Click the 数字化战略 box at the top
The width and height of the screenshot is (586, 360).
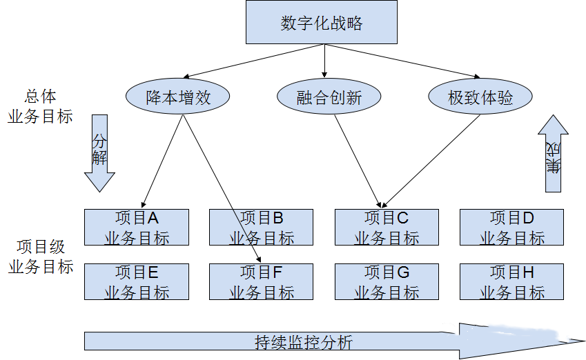(x=322, y=22)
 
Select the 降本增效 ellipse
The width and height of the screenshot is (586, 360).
(x=178, y=97)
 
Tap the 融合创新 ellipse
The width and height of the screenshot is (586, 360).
(x=329, y=97)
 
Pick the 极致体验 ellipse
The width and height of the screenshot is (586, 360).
(x=480, y=97)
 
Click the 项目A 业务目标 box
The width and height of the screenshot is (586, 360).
(x=137, y=228)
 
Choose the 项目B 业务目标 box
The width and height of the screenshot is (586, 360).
(x=262, y=228)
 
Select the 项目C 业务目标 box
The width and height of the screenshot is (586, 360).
(x=387, y=228)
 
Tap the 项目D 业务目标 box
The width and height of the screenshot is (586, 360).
(x=511, y=228)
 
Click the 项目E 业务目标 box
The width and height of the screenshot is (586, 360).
(x=137, y=281)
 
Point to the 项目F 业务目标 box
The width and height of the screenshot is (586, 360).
(x=262, y=281)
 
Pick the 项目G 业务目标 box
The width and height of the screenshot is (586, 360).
(x=387, y=281)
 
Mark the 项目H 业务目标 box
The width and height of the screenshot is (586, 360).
(x=511, y=281)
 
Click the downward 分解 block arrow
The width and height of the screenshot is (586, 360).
(x=100, y=153)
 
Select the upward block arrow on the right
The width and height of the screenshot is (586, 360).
(x=553, y=153)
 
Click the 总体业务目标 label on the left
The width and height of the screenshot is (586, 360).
(x=40, y=106)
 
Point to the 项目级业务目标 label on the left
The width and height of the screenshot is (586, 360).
(x=41, y=257)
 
